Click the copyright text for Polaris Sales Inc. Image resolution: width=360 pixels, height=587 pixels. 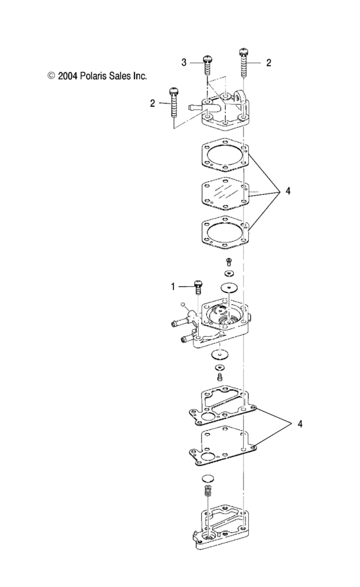(x=97, y=75)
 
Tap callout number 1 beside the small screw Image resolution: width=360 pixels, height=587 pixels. (x=172, y=285)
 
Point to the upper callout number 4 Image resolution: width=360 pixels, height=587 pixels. (x=288, y=191)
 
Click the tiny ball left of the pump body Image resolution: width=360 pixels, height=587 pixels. (x=183, y=304)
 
